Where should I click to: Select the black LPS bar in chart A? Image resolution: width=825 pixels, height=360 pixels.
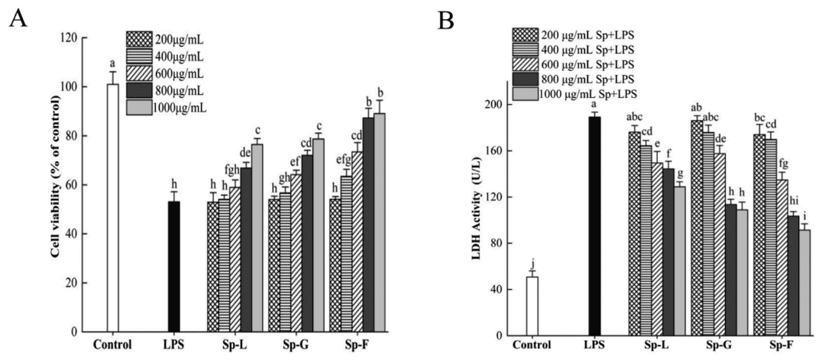point(174,267)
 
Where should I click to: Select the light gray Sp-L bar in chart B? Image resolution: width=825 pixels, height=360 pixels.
point(679,261)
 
